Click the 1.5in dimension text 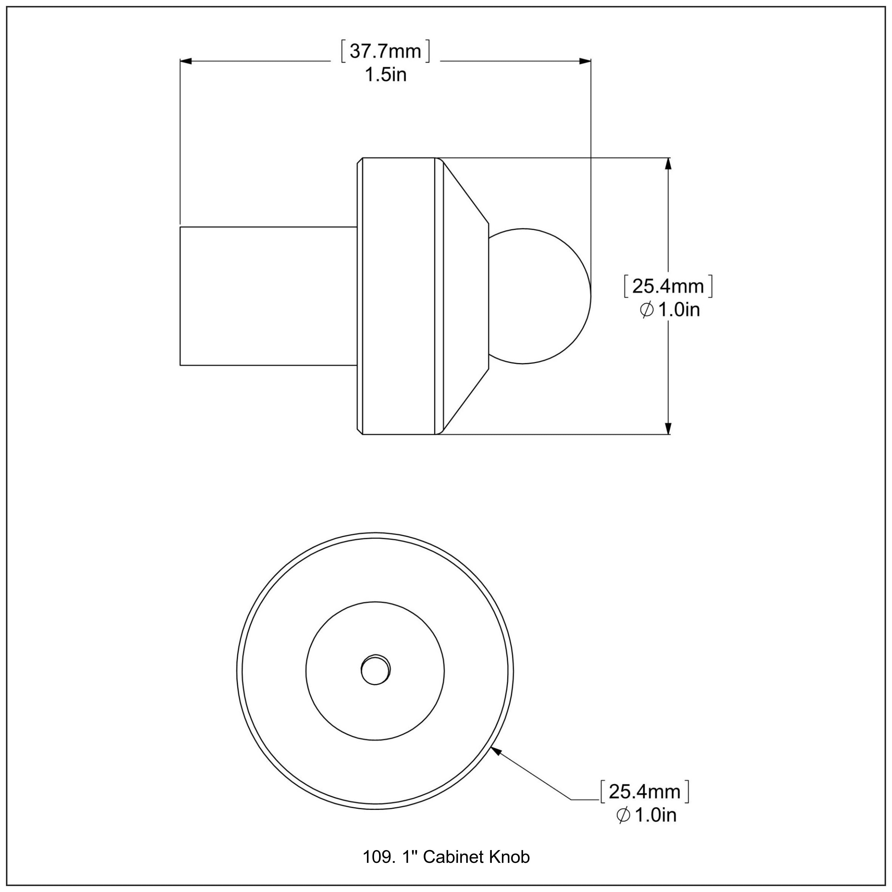386,75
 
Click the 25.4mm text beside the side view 668,287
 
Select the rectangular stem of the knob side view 268,296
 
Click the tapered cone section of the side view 464,296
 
